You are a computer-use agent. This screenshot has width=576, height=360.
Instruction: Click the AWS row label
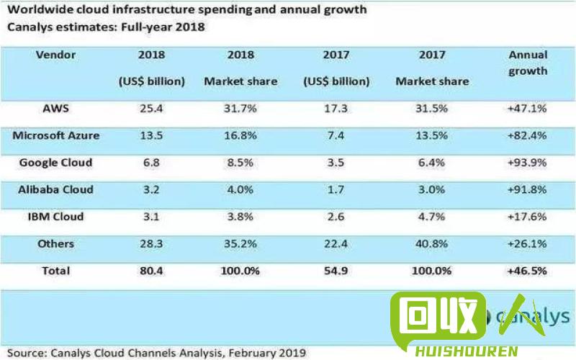tap(55, 109)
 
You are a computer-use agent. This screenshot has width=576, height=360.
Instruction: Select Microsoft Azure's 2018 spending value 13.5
tap(152, 135)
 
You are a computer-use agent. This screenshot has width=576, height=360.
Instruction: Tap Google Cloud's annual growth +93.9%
tap(528, 163)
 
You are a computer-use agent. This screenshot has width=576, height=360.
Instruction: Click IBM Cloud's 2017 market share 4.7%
tap(432, 217)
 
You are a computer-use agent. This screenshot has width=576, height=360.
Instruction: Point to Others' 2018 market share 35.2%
tap(240, 244)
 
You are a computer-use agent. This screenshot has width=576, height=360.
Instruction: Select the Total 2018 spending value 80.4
tap(152, 271)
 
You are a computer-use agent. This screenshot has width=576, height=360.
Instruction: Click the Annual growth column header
tap(528, 63)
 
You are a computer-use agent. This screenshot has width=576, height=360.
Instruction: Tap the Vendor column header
tap(55, 55)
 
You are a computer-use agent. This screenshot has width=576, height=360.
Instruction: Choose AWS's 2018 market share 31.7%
tap(240, 109)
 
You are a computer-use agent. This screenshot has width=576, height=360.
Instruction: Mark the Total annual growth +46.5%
tap(528, 271)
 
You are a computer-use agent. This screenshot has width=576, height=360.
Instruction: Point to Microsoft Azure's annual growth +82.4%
tap(528, 135)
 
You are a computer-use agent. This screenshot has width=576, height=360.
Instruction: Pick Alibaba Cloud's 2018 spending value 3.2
tap(152, 189)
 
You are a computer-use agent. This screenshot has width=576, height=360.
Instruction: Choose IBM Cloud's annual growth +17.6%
tap(528, 217)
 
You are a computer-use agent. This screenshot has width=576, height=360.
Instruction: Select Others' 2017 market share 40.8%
tap(432, 244)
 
